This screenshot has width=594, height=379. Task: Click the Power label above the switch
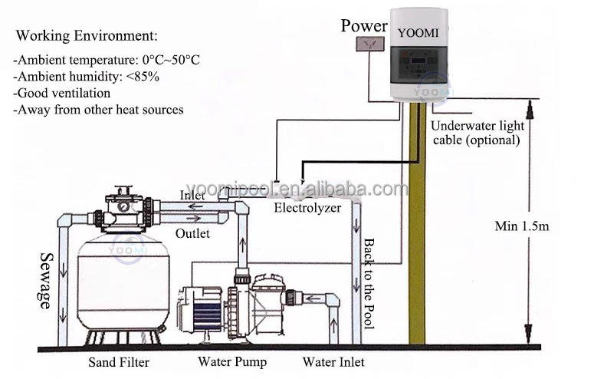[364, 26]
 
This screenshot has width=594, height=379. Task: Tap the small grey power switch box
[370, 44]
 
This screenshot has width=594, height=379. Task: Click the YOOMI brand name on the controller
[418, 33]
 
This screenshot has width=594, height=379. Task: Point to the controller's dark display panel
[419, 64]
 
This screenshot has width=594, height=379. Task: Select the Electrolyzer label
[307, 208]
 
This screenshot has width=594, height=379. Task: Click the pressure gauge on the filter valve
[123, 206]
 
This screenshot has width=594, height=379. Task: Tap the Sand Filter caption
[119, 362]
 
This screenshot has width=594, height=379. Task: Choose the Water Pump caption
[232, 361]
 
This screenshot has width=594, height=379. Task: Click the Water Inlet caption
[333, 362]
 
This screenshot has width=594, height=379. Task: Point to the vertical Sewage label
[46, 281]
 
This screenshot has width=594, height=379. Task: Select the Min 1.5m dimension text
[522, 226]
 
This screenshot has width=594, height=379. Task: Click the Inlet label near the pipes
[192, 196]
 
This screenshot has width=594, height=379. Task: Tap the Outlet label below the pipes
[192, 233]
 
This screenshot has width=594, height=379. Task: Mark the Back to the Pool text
[369, 284]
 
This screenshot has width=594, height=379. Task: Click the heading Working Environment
[87, 35]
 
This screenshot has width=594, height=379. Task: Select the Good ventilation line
[62, 93]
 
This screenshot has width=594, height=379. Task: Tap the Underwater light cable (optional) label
[477, 133]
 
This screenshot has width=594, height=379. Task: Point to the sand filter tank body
[123, 281]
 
